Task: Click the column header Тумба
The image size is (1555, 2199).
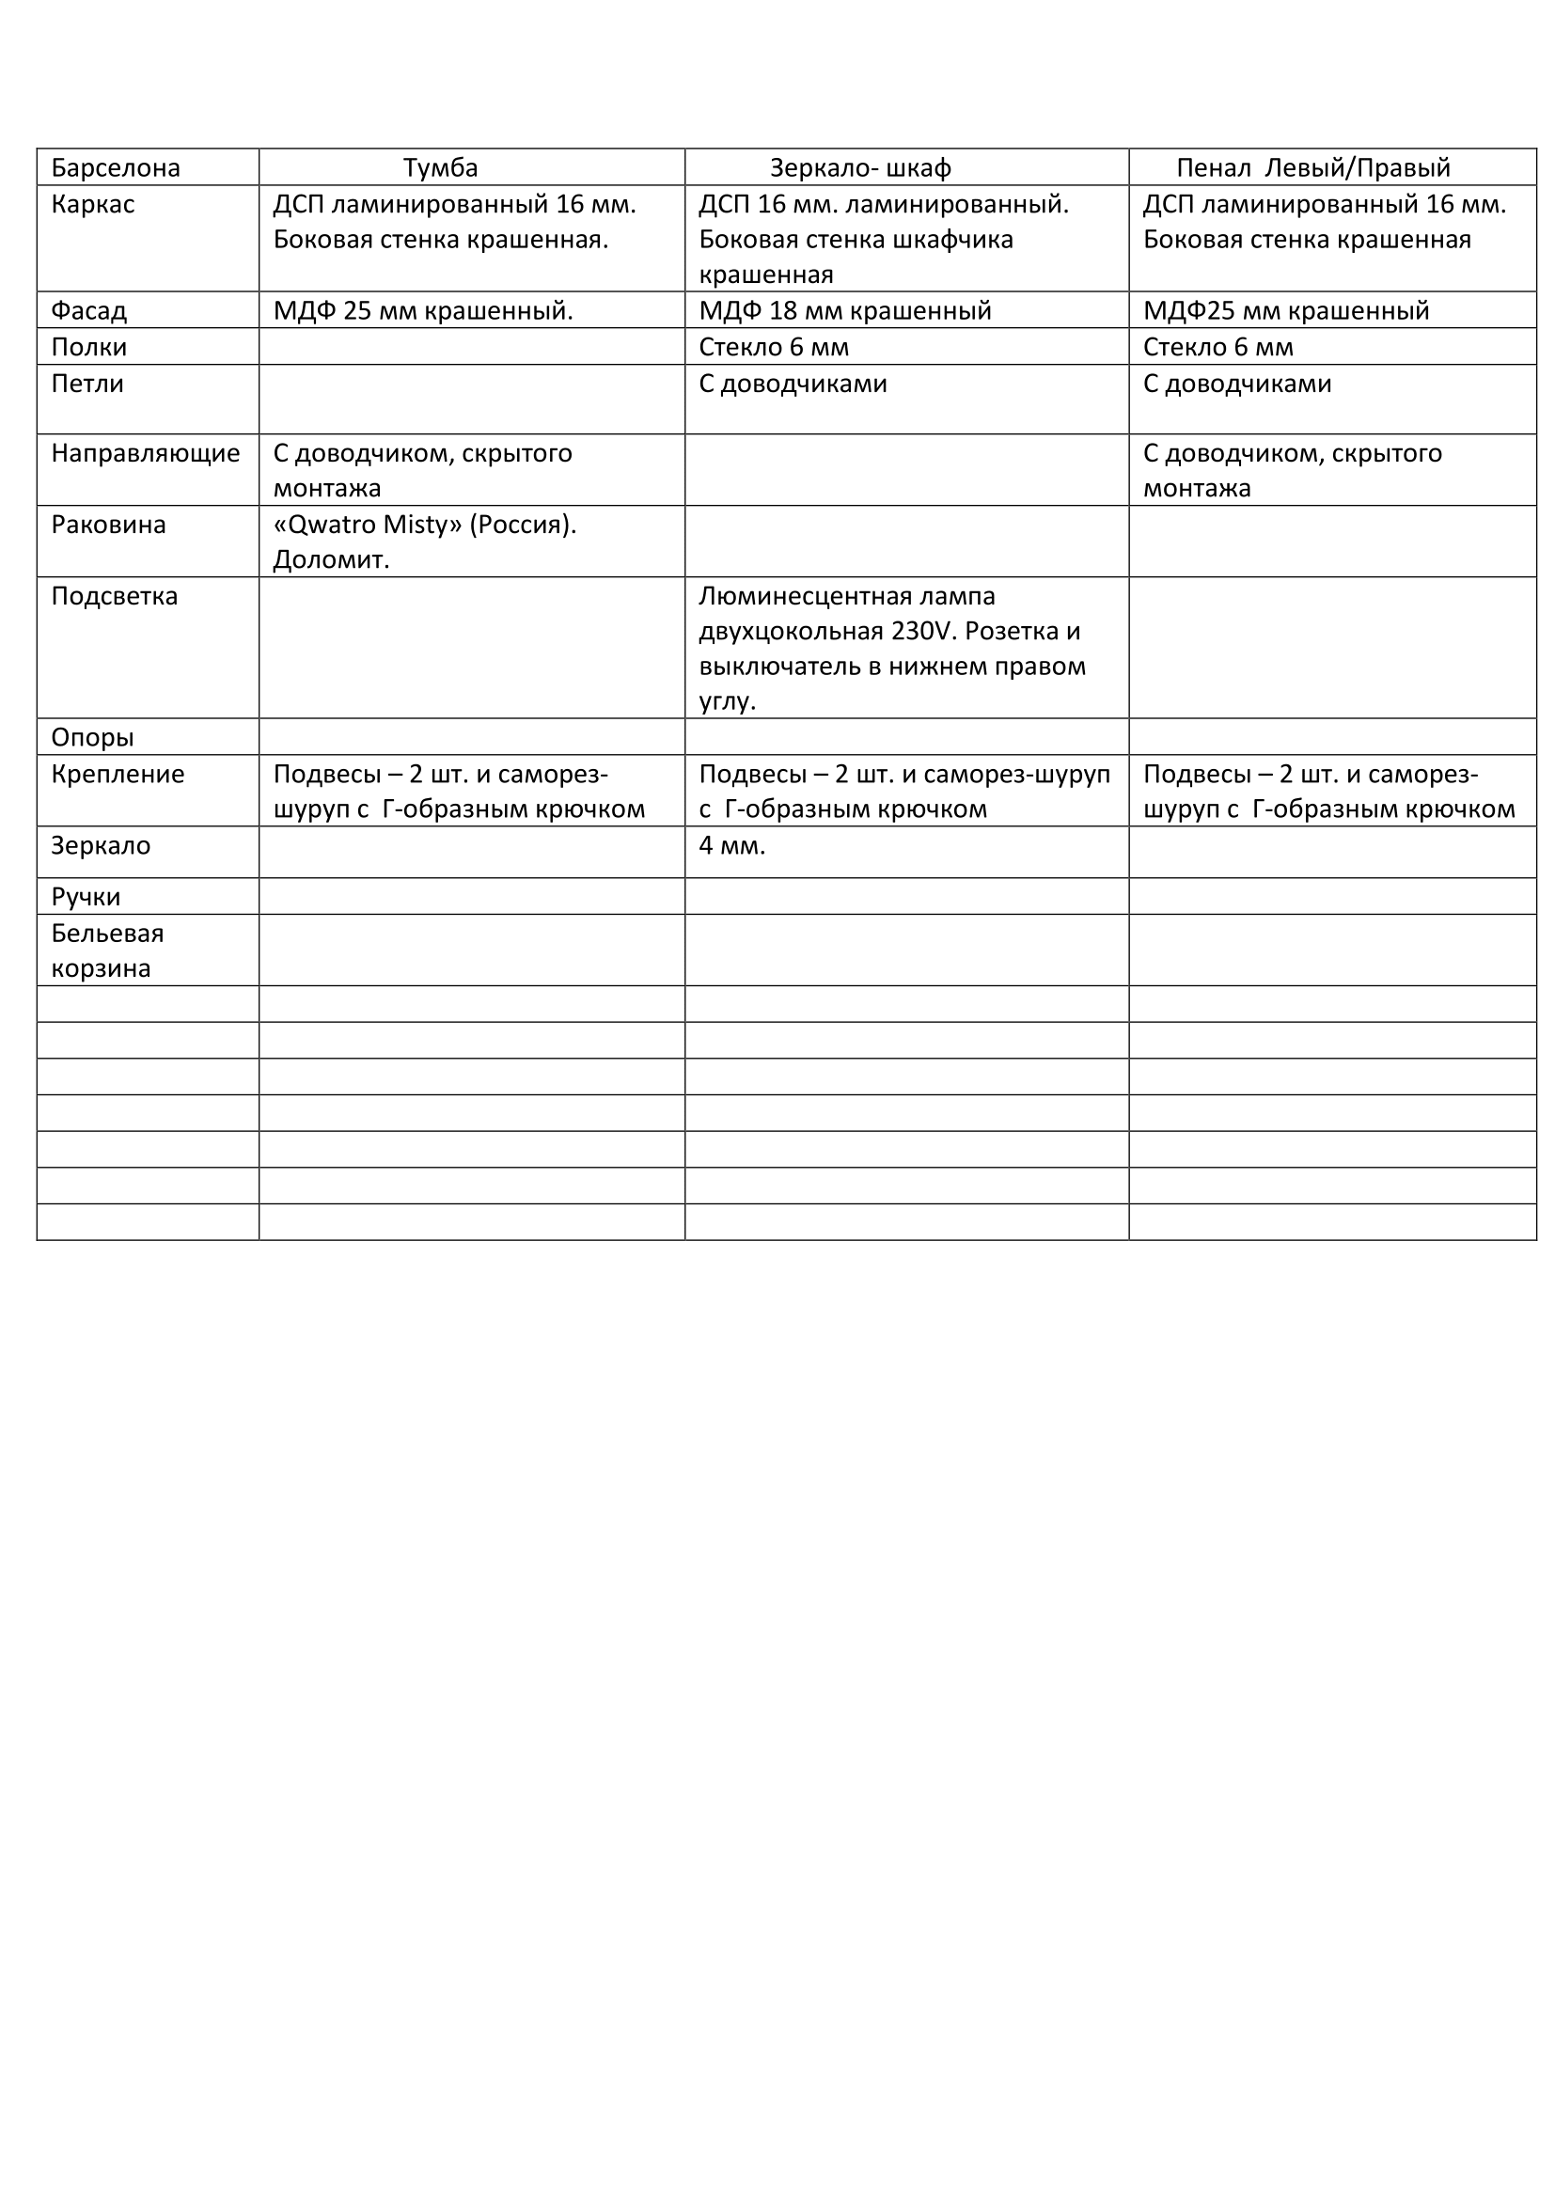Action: click(x=439, y=167)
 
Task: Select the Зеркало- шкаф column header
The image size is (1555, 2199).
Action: click(x=860, y=167)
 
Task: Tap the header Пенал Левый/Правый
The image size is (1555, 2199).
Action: click(x=1312, y=167)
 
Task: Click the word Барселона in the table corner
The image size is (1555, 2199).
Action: click(x=115, y=167)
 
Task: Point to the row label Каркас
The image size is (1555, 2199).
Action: click(x=93, y=204)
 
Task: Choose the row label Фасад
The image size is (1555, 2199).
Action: click(x=89, y=310)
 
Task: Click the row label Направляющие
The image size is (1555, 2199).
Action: click(x=146, y=452)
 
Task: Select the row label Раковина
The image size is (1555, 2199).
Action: click(x=108, y=524)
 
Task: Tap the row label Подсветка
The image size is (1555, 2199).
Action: click(x=114, y=596)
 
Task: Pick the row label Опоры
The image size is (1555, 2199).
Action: click(x=92, y=737)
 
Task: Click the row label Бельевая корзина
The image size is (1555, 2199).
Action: click(x=107, y=950)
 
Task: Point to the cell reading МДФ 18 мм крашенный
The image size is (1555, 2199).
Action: click(x=844, y=310)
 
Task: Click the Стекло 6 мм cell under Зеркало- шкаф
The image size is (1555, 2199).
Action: click(x=774, y=347)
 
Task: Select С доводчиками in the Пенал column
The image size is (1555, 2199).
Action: click(x=1237, y=383)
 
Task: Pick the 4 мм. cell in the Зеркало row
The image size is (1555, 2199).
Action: click(x=731, y=846)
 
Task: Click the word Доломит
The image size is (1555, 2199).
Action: click(x=331, y=559)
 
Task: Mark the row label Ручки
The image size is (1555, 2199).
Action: click(x=86, y=897)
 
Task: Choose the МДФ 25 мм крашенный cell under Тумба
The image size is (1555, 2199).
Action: click(x=423, y=310)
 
